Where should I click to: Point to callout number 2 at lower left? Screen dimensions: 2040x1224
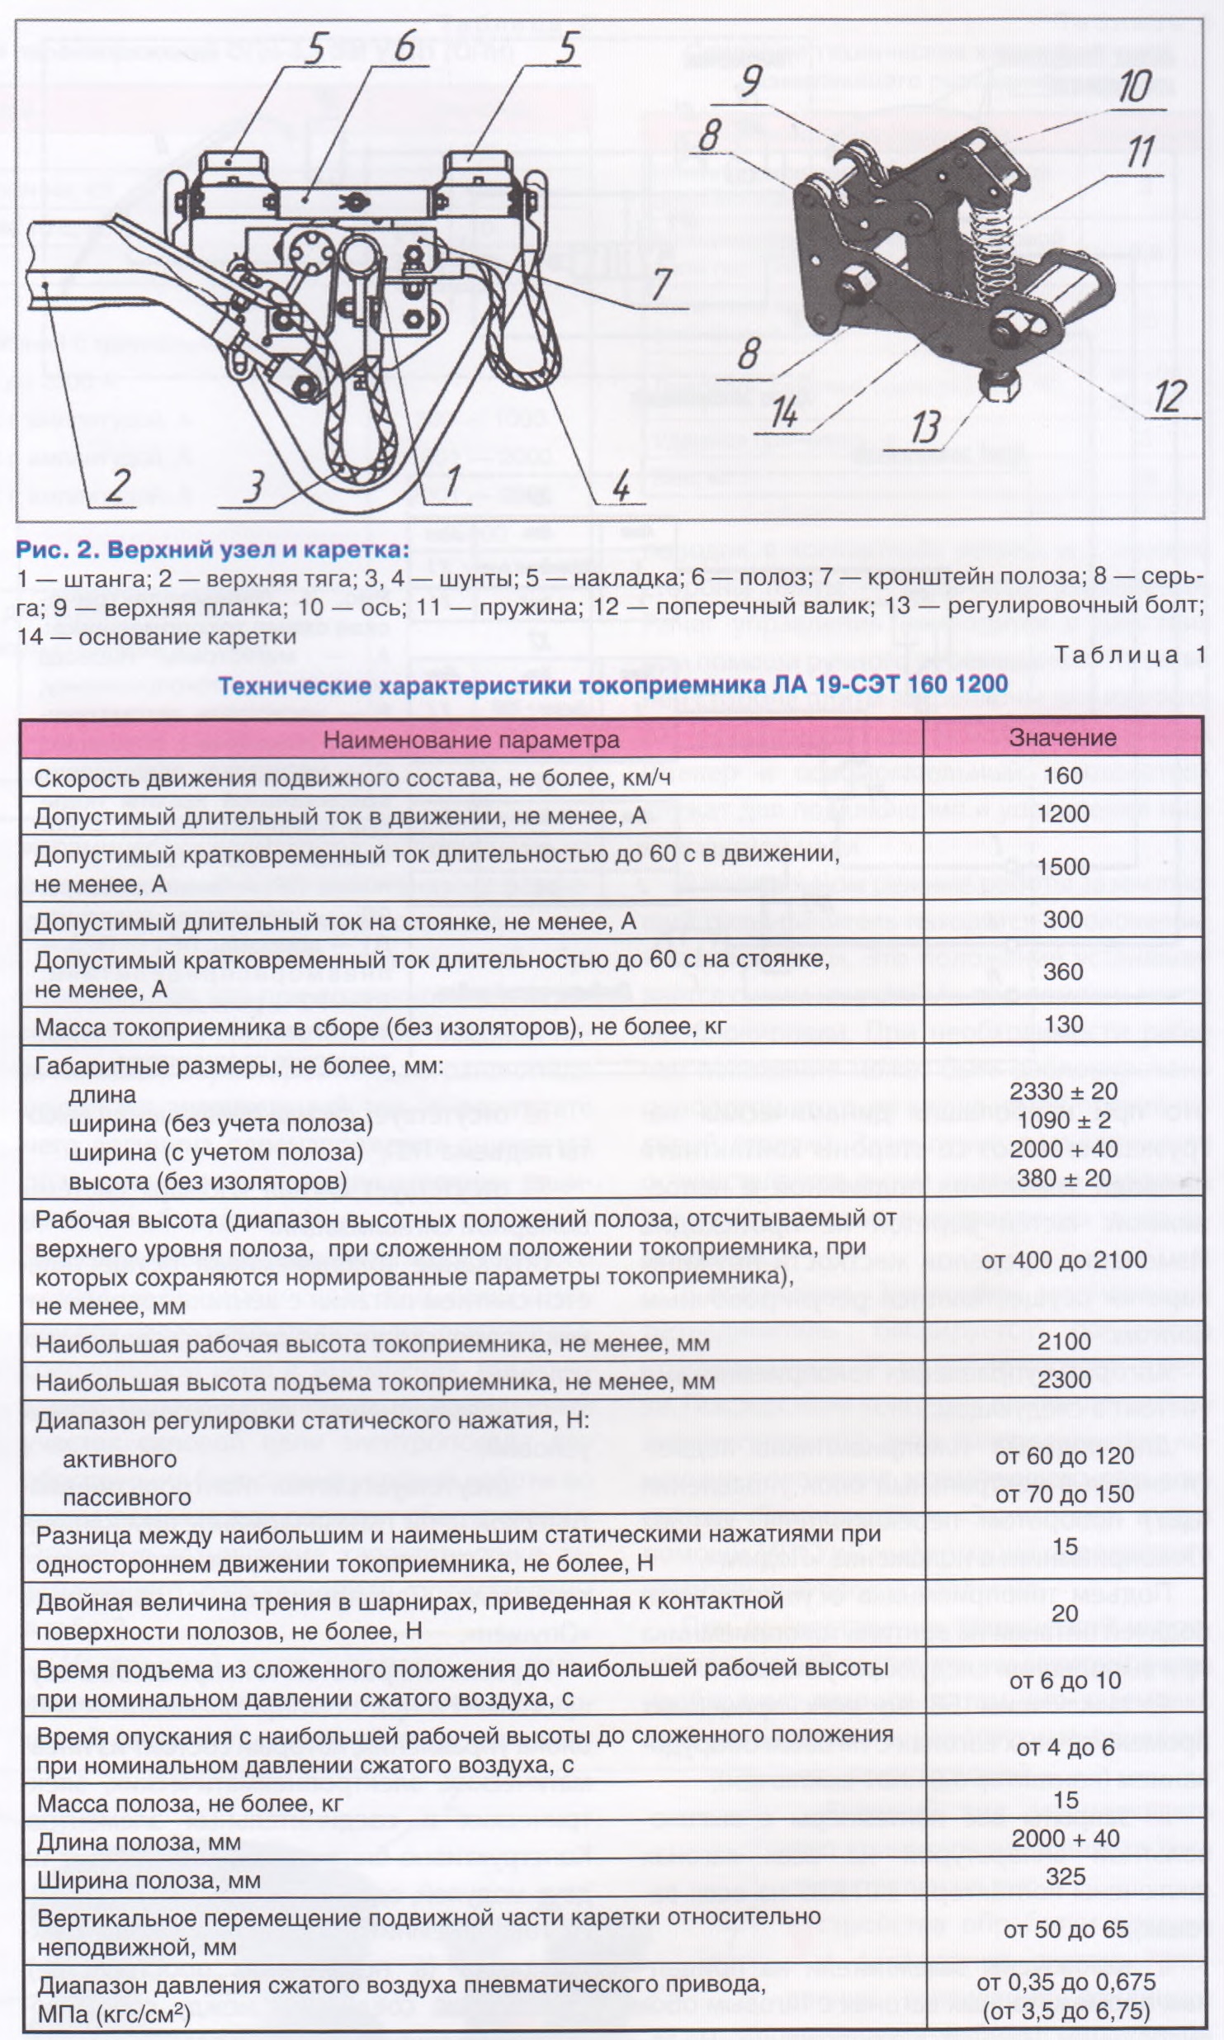pyautogui.click(x=118, y=485)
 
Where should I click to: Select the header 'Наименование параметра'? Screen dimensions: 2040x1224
pyautogui.click(x=470, y=739)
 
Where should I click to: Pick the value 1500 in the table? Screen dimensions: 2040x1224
pyautogui.click(x=1063, y=866)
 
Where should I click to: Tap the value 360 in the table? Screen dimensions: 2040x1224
pyautogui.click(x=1063, y=972)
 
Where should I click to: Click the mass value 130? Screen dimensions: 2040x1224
pyautogui.click(x=1063, y=1024)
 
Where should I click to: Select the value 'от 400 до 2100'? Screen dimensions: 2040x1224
pyautogui.click(x=1064, y=1259)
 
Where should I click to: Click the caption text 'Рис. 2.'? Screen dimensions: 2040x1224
pyautogui.click(x=56, y=549)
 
